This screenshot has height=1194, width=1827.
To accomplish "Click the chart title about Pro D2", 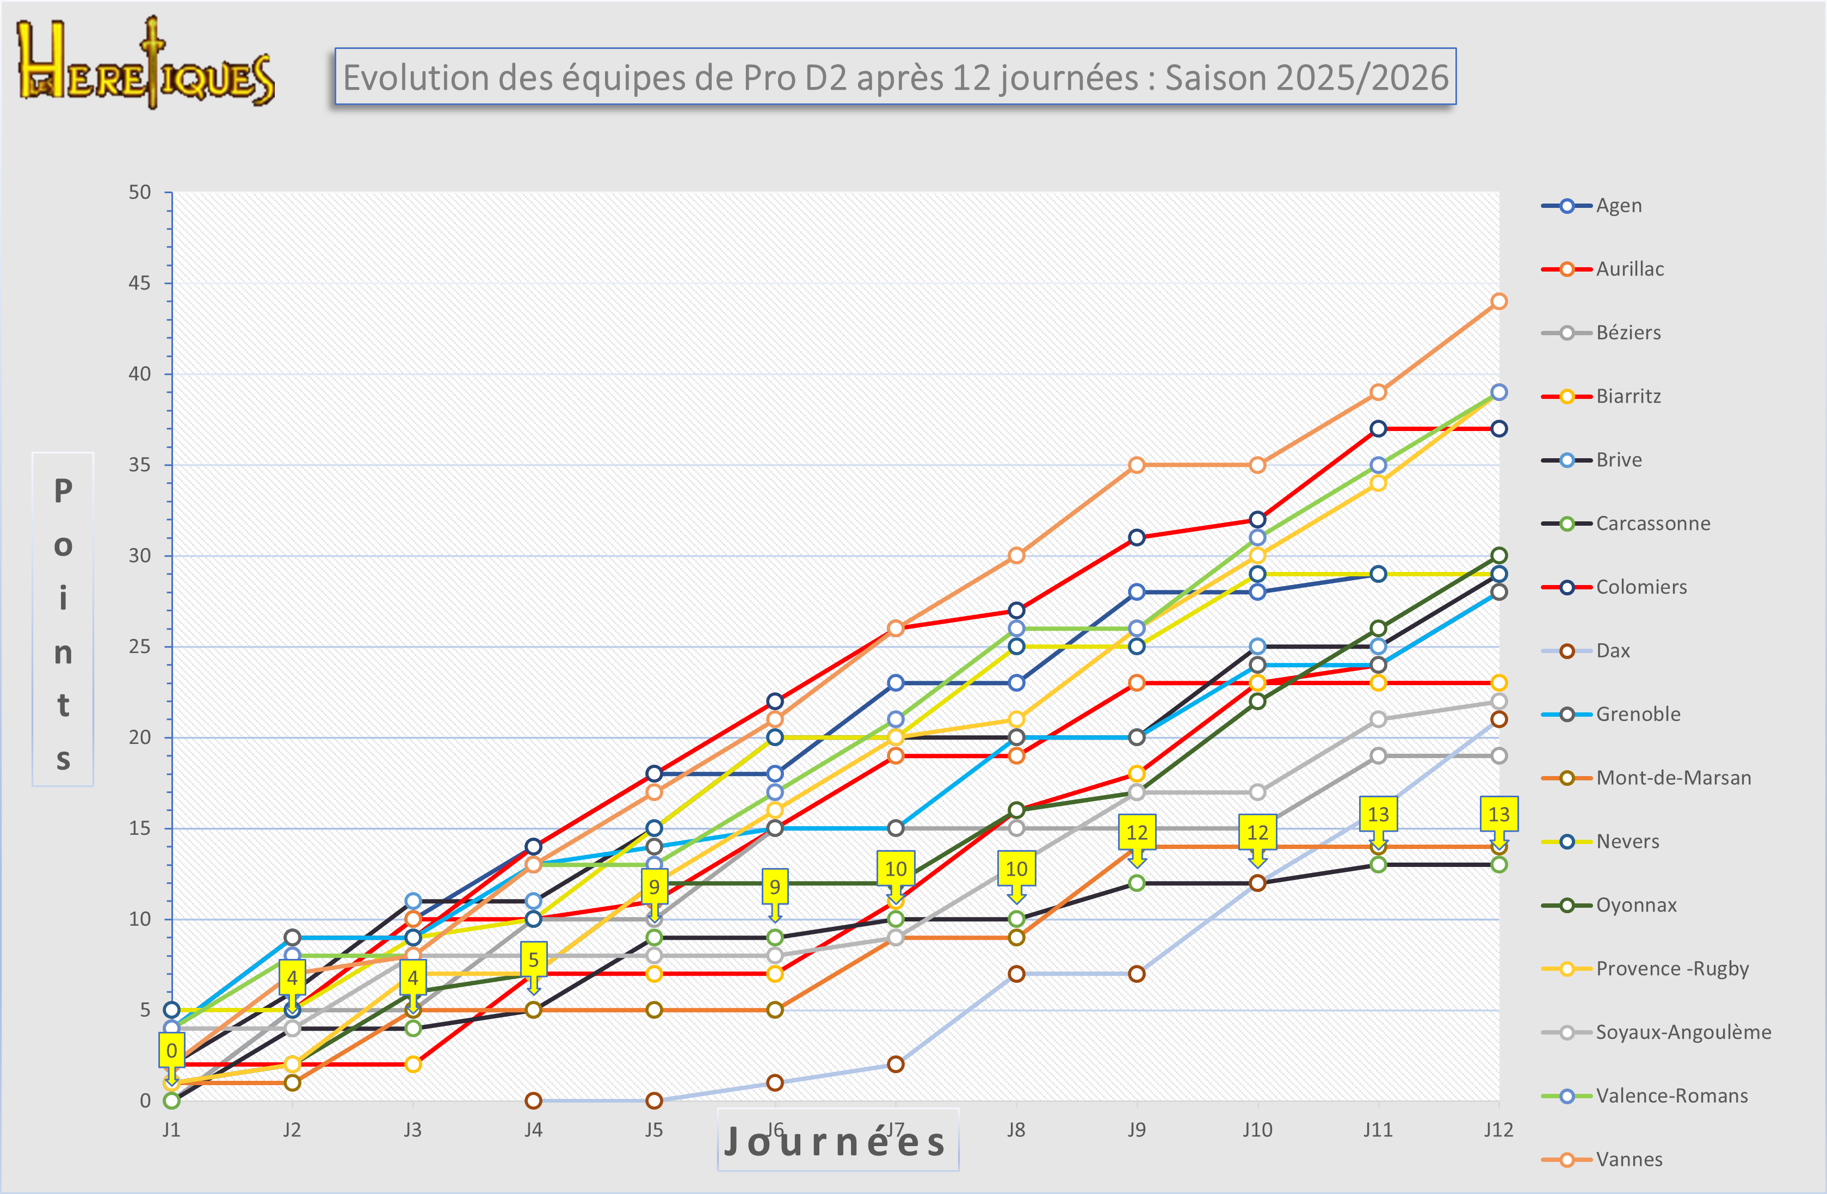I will pyautogui.click(x=895, y=77).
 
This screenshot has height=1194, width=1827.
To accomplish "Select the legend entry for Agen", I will pyautogui.click(x=1618, y=206).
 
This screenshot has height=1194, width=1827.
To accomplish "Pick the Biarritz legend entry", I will pyautogui.click(x=1627, y=396).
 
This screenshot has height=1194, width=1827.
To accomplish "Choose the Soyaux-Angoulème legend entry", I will pyautogui.click(x=1683, y=1032).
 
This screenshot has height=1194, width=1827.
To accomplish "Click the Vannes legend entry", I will pyautogui.click(x=1628, y=1160).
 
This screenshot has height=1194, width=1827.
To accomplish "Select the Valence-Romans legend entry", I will pyautogui.click(x=1671, y=1095).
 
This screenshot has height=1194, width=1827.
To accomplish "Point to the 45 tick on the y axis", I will pyautogui.click(x=140, y=284).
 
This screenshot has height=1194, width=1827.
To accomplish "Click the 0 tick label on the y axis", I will pyautogui.click(x=145, y=1101).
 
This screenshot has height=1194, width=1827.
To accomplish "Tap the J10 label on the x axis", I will pyautogui.click(x=1257, y=1129).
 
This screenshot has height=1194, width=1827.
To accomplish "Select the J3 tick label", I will pyautogui.click(x=412, y=1129).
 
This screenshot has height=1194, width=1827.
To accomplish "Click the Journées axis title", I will pyautogui.click(x=837, y=1142).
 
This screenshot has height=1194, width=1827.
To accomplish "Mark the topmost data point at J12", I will pyautogui.click(x=1498, y=301).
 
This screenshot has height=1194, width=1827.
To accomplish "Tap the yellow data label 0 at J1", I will pyautogui.click(x=172, y=1050).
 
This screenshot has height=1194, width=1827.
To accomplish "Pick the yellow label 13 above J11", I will pyautogui.click(x=1378, y=814).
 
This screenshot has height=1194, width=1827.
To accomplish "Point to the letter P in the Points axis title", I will pyautogui.click(x=63, y=491).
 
